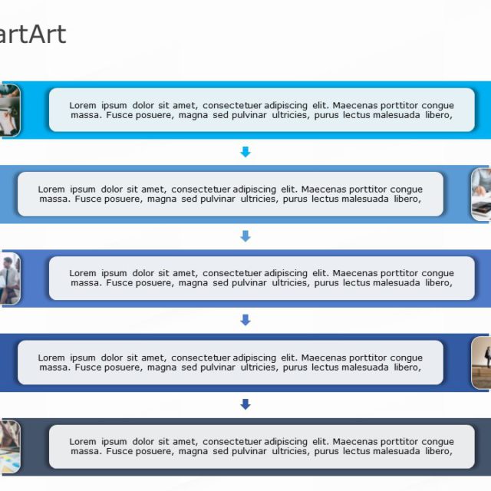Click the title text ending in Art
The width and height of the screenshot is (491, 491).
coord(32,35)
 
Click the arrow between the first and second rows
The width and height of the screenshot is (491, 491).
coord(245,152)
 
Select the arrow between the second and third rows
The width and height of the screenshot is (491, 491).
coord(245,236)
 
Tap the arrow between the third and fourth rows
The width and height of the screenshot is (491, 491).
coord(245,320)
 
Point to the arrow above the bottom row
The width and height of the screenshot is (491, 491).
coord(245,404)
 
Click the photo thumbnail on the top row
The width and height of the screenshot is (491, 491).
coord(9,110)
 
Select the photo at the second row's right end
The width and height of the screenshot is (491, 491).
coord(481,194)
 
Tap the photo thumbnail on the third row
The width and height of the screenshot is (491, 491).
coord(9,278)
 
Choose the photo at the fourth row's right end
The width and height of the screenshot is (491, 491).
coord(481,362)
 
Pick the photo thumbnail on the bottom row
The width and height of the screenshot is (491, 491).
coord(9,447)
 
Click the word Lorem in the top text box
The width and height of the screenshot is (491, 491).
coord(83,105)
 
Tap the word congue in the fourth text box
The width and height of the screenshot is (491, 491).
coord(406,358)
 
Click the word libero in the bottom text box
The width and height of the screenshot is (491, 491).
coord(437,451)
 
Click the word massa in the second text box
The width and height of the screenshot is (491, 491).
coord(54,199)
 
